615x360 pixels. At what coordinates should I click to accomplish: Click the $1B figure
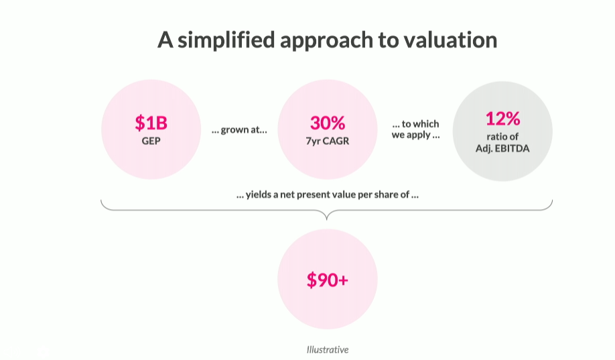click(x=151, y=123)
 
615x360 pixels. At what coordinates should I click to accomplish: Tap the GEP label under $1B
click(x=151, y=141)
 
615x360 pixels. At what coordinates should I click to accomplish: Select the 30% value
click(x=328, y=123)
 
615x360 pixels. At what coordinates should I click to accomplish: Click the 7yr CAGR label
click(x=328, y=141)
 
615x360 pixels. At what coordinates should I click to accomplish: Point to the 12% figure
click(x=503, y=119)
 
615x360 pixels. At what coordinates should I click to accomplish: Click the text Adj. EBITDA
click(x=502, y=148)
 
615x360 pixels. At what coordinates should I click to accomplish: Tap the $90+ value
click(x=328, y=280)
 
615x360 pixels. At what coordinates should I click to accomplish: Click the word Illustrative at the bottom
click(x=328, y=349)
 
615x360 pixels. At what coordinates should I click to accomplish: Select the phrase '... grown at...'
click(x=239, y=129)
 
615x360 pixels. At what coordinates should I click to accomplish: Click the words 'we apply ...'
click(x=416, y=135)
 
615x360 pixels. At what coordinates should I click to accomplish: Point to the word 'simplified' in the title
click(x=226, y=40)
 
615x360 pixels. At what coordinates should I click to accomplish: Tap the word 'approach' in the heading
click(x=326, y=41)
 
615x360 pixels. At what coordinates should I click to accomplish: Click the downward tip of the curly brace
click(x=327, y=219)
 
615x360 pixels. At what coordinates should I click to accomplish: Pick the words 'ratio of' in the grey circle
click(x=502, y=137)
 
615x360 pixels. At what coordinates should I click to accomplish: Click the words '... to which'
click(x=416, y=124)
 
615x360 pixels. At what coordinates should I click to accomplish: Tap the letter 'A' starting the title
click(x=165, y=40)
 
